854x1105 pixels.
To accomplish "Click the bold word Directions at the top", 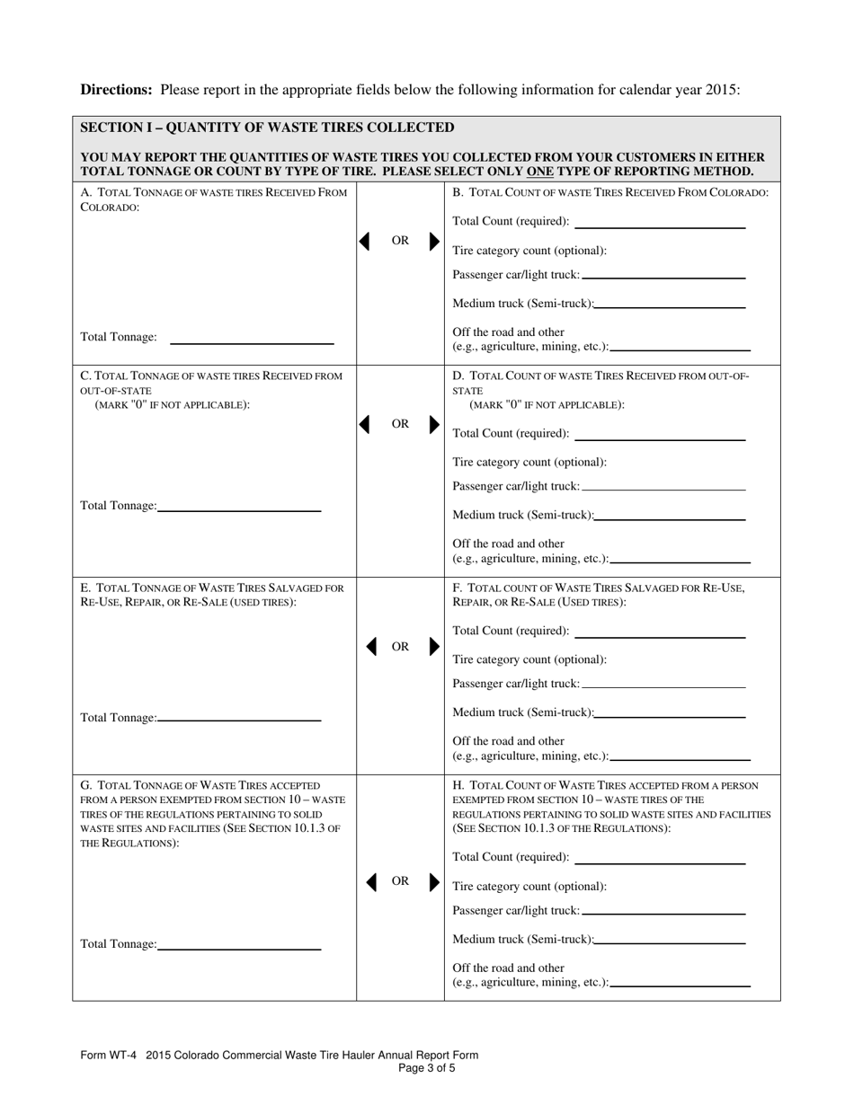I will pos(116,90).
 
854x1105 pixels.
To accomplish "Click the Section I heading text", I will pos(267,128).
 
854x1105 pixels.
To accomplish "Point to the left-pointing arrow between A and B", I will pos(365,241).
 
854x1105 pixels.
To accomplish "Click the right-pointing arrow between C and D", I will pos(435,424).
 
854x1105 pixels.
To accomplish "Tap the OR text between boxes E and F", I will pos(400,647).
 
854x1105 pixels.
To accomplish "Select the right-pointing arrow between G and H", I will pos(435,882).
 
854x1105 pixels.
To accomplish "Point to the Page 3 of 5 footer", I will pos(426,1068).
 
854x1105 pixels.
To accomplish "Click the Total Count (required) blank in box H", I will pos(659,863).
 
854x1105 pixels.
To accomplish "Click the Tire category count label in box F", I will pos(529,659).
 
